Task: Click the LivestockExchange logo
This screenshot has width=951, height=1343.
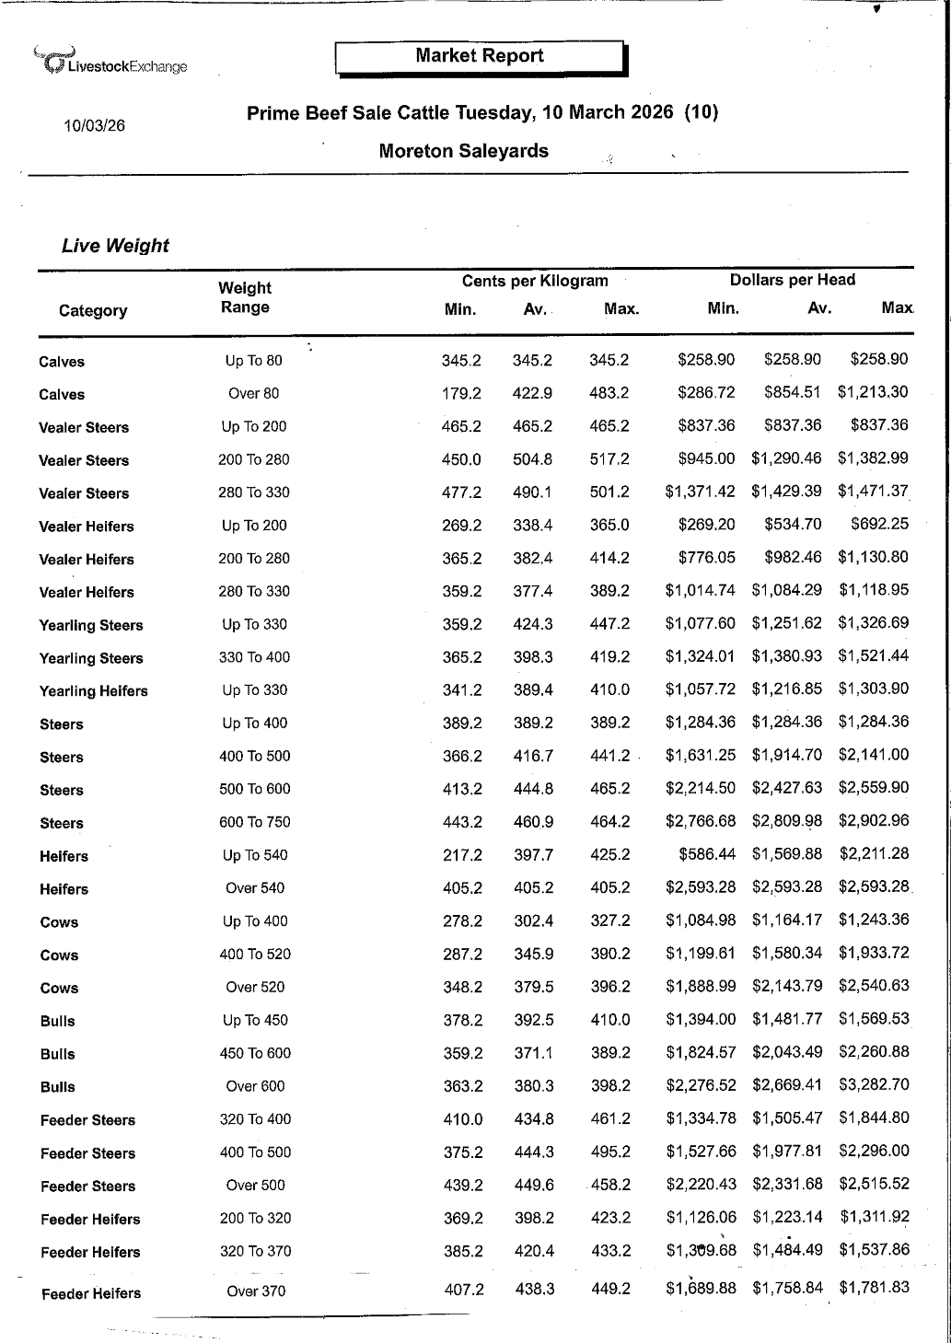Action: (110, 62)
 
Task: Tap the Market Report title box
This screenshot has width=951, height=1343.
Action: (480, 57)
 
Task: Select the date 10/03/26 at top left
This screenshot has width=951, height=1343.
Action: (94, 125)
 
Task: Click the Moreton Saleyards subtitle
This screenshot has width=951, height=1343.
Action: (463, 152)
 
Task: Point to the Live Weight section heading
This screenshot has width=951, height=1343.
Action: (115, 246)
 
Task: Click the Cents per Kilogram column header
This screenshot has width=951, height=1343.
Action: (535, 281)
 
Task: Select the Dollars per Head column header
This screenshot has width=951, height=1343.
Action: (792, 280)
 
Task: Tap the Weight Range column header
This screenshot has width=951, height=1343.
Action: (245, 297)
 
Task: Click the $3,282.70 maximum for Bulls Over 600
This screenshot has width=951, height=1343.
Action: (874, 1085)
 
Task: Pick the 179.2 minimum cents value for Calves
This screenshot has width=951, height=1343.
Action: (461, 393)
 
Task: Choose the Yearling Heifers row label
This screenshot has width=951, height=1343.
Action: (93, 691)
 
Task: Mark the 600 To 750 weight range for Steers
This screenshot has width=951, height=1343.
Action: (254, 822)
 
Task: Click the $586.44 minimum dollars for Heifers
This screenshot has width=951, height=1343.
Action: (707, 854)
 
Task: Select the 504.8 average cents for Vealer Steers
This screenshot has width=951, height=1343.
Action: (533, 459)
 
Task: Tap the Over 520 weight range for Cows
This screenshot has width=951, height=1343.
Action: (255, 987)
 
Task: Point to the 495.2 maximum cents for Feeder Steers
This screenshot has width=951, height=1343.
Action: (610, 1152)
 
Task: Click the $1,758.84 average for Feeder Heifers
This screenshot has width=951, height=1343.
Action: (787, 1288)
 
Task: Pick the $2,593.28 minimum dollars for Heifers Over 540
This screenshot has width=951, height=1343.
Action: (701, 887)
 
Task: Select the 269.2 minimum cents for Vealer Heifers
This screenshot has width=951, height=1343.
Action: (461, 526)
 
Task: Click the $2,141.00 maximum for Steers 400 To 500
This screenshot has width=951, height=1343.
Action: (873, 756)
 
